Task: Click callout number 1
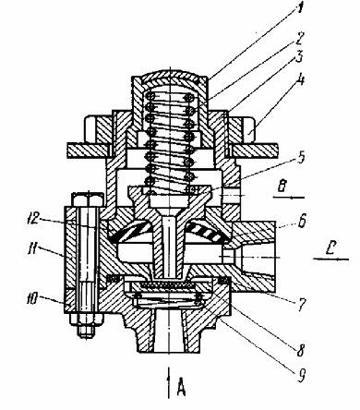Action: (x=296, y=8)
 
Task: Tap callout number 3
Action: (x=298, y=58)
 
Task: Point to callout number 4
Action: (x=300, y=79)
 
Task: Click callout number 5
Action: (x=301, y=157)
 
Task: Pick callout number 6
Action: (x=302, y=221)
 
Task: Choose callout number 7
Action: (x=301, y=305)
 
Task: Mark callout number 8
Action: (x=300, y=350)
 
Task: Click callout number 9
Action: (x=301, y=375)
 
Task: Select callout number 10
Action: (x=33, y=298)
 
